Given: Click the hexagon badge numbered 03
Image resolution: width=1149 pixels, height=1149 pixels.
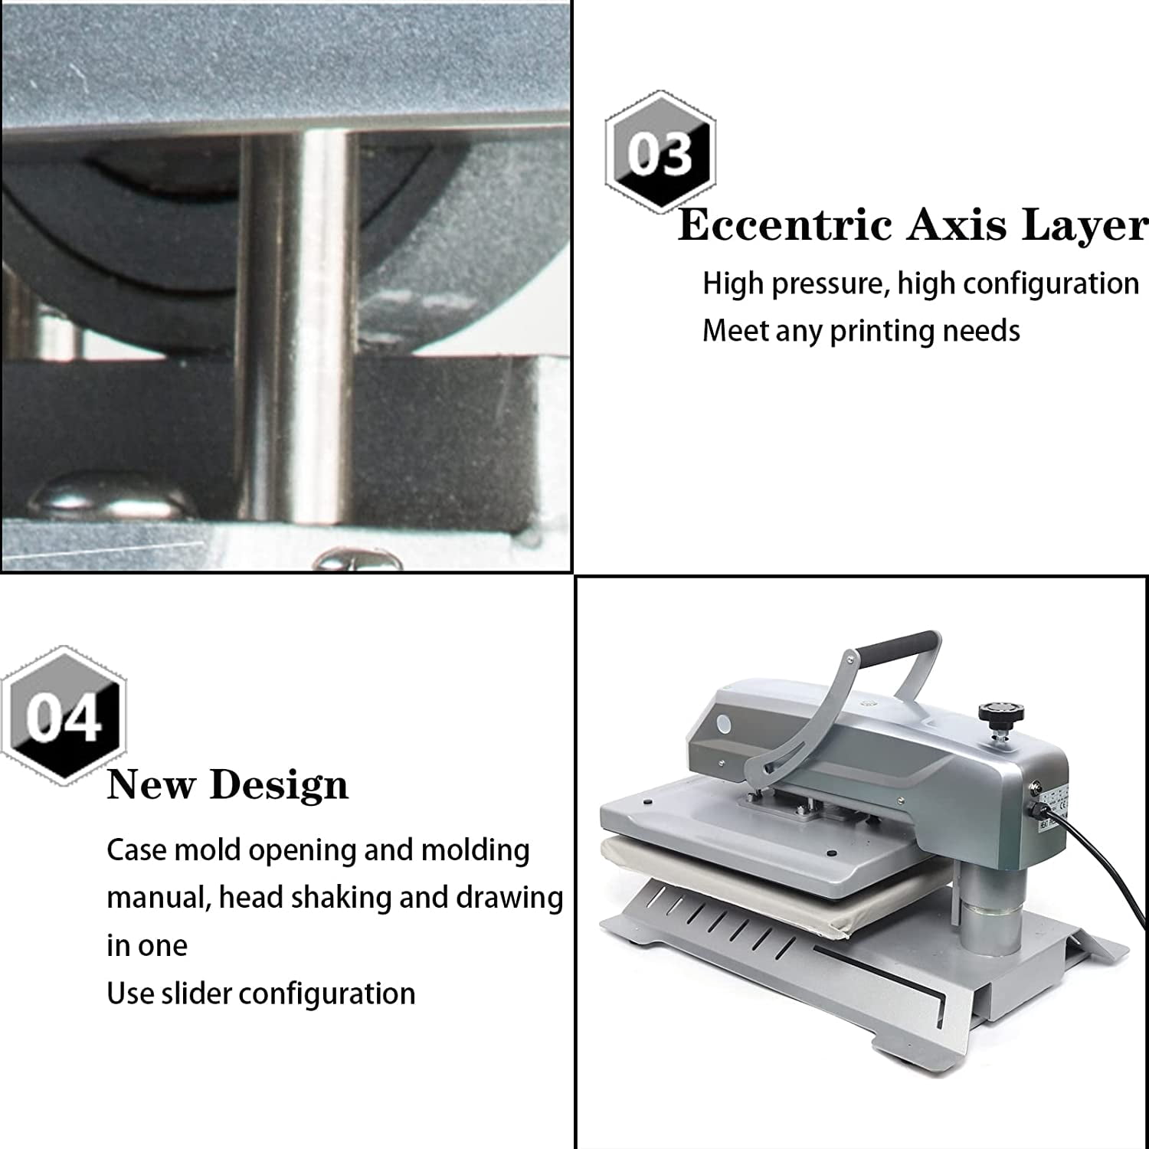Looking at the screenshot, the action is [660, 152].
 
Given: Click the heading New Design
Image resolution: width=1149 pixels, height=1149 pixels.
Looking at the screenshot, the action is [228, 784].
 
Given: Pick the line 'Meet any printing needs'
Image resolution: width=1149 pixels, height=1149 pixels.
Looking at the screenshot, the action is [861, 331].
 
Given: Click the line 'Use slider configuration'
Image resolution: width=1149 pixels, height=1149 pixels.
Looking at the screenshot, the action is [260, 994].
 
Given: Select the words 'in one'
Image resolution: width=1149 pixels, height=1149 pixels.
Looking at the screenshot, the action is [146, 946].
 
